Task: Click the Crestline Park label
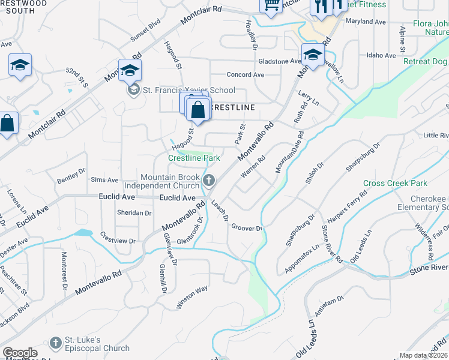pyautogui.click(x=194, y=158)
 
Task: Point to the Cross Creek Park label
pyautogui.click(x=394, y=183)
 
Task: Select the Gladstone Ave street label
pyautogui.click(x=279, y=61)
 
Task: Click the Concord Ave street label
pyautogui.click(x=246, y=75)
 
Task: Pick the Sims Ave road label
pyautogui.click(x=104, y=180)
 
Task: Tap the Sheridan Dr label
pyautogui.click(x=134, y=213)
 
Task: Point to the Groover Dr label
pyautogui.click(x=247, y=229)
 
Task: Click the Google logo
pyautogui.click(x=20, y=353)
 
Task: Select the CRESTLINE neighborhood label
pyautogui.click(x=232, y=107)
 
